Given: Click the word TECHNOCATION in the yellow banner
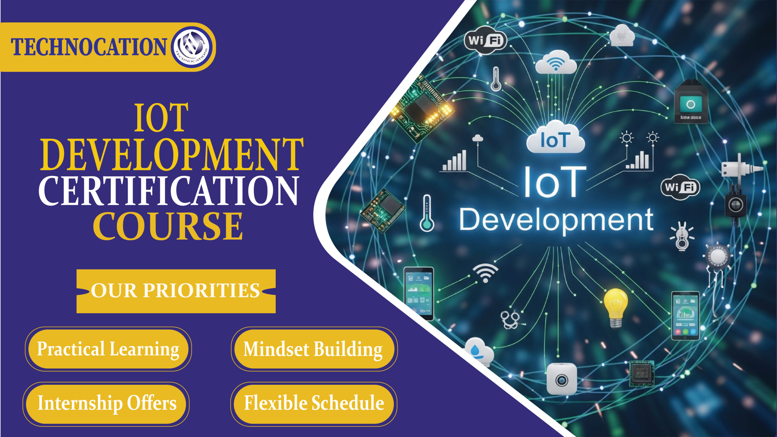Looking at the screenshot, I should point(89,47).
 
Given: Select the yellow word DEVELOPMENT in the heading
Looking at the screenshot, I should point(172,155).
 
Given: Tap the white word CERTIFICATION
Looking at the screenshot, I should point(169,191).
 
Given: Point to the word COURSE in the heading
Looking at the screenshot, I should point(168,226).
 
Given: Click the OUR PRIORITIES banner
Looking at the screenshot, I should point(176,291).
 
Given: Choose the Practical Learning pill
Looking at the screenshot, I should point(108,349).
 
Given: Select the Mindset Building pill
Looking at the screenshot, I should point(314,349).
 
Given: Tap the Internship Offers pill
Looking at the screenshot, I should point(107,404).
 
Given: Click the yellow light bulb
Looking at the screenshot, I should point(615,307).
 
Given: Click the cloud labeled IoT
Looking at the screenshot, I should point(555,138).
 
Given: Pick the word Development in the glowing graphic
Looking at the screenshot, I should point(556,220).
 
